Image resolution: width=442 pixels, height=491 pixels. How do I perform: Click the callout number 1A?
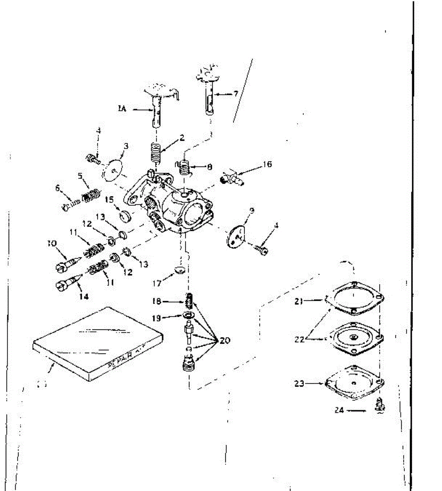[122, 109]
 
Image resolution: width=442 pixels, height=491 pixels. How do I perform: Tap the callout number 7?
[236, 94]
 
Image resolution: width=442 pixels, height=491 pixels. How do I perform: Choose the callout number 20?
[225, 340]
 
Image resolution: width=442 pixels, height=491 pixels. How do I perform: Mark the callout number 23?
[300, 384]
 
